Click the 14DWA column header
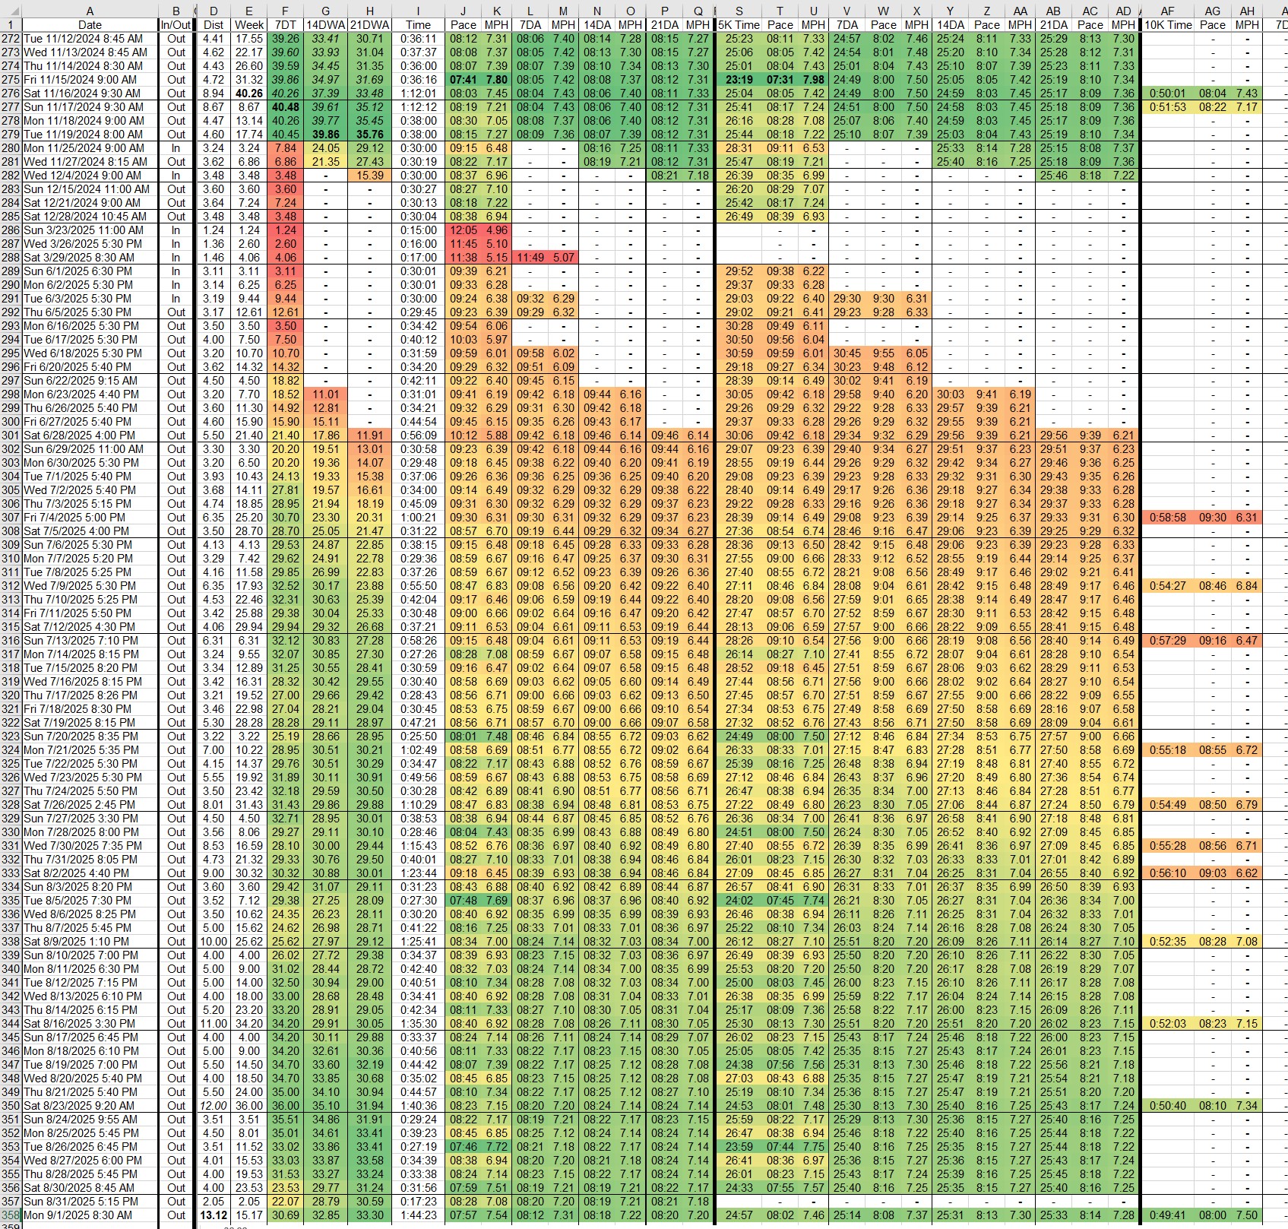pos(326,24)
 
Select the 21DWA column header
pos(370,24)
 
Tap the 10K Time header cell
pos(1168,24)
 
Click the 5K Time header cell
pos(739,24)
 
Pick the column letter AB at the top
pos(1053,11)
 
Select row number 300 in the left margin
pos(11,421)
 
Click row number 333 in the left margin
pos(11,873)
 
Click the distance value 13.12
pos(213,1215)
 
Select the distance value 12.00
pos(213,1105)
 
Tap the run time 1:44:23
pos(418,1215)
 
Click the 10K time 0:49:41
pos(1168,1215)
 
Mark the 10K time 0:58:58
pos(1168,517)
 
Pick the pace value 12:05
pos(463,230)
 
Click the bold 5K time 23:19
pos(739,79)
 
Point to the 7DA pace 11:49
pos(530,257)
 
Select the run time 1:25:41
pos(418,941)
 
